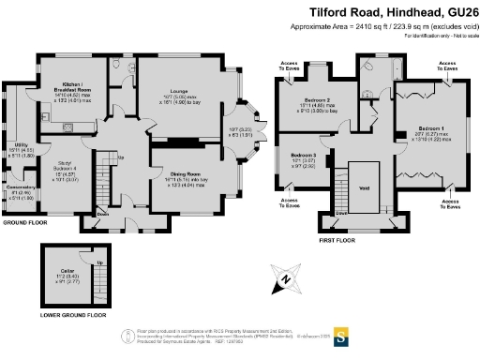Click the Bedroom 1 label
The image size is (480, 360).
click(x=431, y=127)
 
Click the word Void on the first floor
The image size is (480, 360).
click(x=364, y=186)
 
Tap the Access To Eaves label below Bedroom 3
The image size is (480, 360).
click(x=287, y=201)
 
